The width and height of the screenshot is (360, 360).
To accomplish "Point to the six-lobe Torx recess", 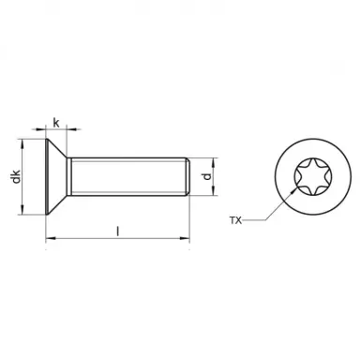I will [x=306, y=176].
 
